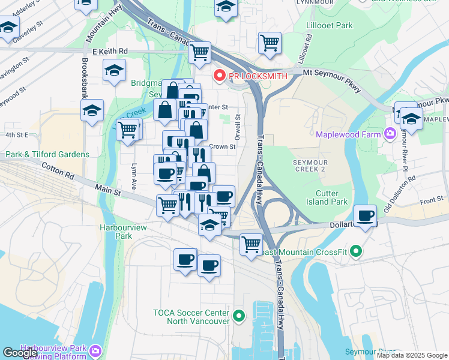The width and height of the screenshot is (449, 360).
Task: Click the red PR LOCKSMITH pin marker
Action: [219, 76]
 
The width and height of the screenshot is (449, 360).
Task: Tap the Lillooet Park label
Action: [328, 26]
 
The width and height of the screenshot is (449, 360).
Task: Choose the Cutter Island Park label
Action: [331, 197]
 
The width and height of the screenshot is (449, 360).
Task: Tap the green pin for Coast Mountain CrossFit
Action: [355, 251]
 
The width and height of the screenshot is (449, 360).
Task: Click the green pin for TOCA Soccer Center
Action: [239, 315]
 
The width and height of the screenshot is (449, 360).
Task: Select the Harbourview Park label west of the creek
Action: [115, 232]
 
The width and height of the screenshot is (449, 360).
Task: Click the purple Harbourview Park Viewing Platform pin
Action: [95, 350]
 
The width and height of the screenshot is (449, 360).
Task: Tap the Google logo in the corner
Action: [20, 353]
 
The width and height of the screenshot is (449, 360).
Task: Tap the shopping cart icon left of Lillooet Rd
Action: [270, 42]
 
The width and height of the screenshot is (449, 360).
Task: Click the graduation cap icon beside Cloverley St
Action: [8, 27]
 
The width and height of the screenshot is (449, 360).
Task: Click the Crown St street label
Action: [222, 146]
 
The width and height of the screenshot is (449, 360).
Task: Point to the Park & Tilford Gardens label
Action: [47, 154]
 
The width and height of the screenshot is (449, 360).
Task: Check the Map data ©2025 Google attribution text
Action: [411, 355]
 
